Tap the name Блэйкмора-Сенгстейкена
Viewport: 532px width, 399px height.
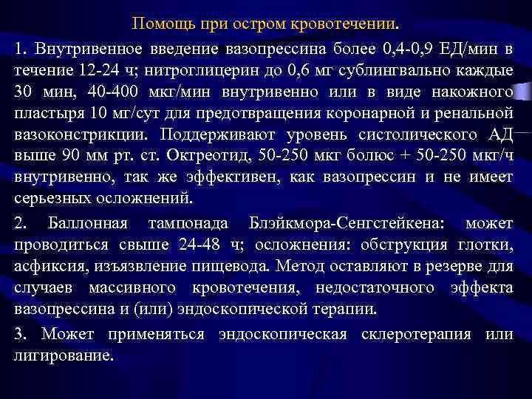click(340, 223)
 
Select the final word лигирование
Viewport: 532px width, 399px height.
click(64, 355)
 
